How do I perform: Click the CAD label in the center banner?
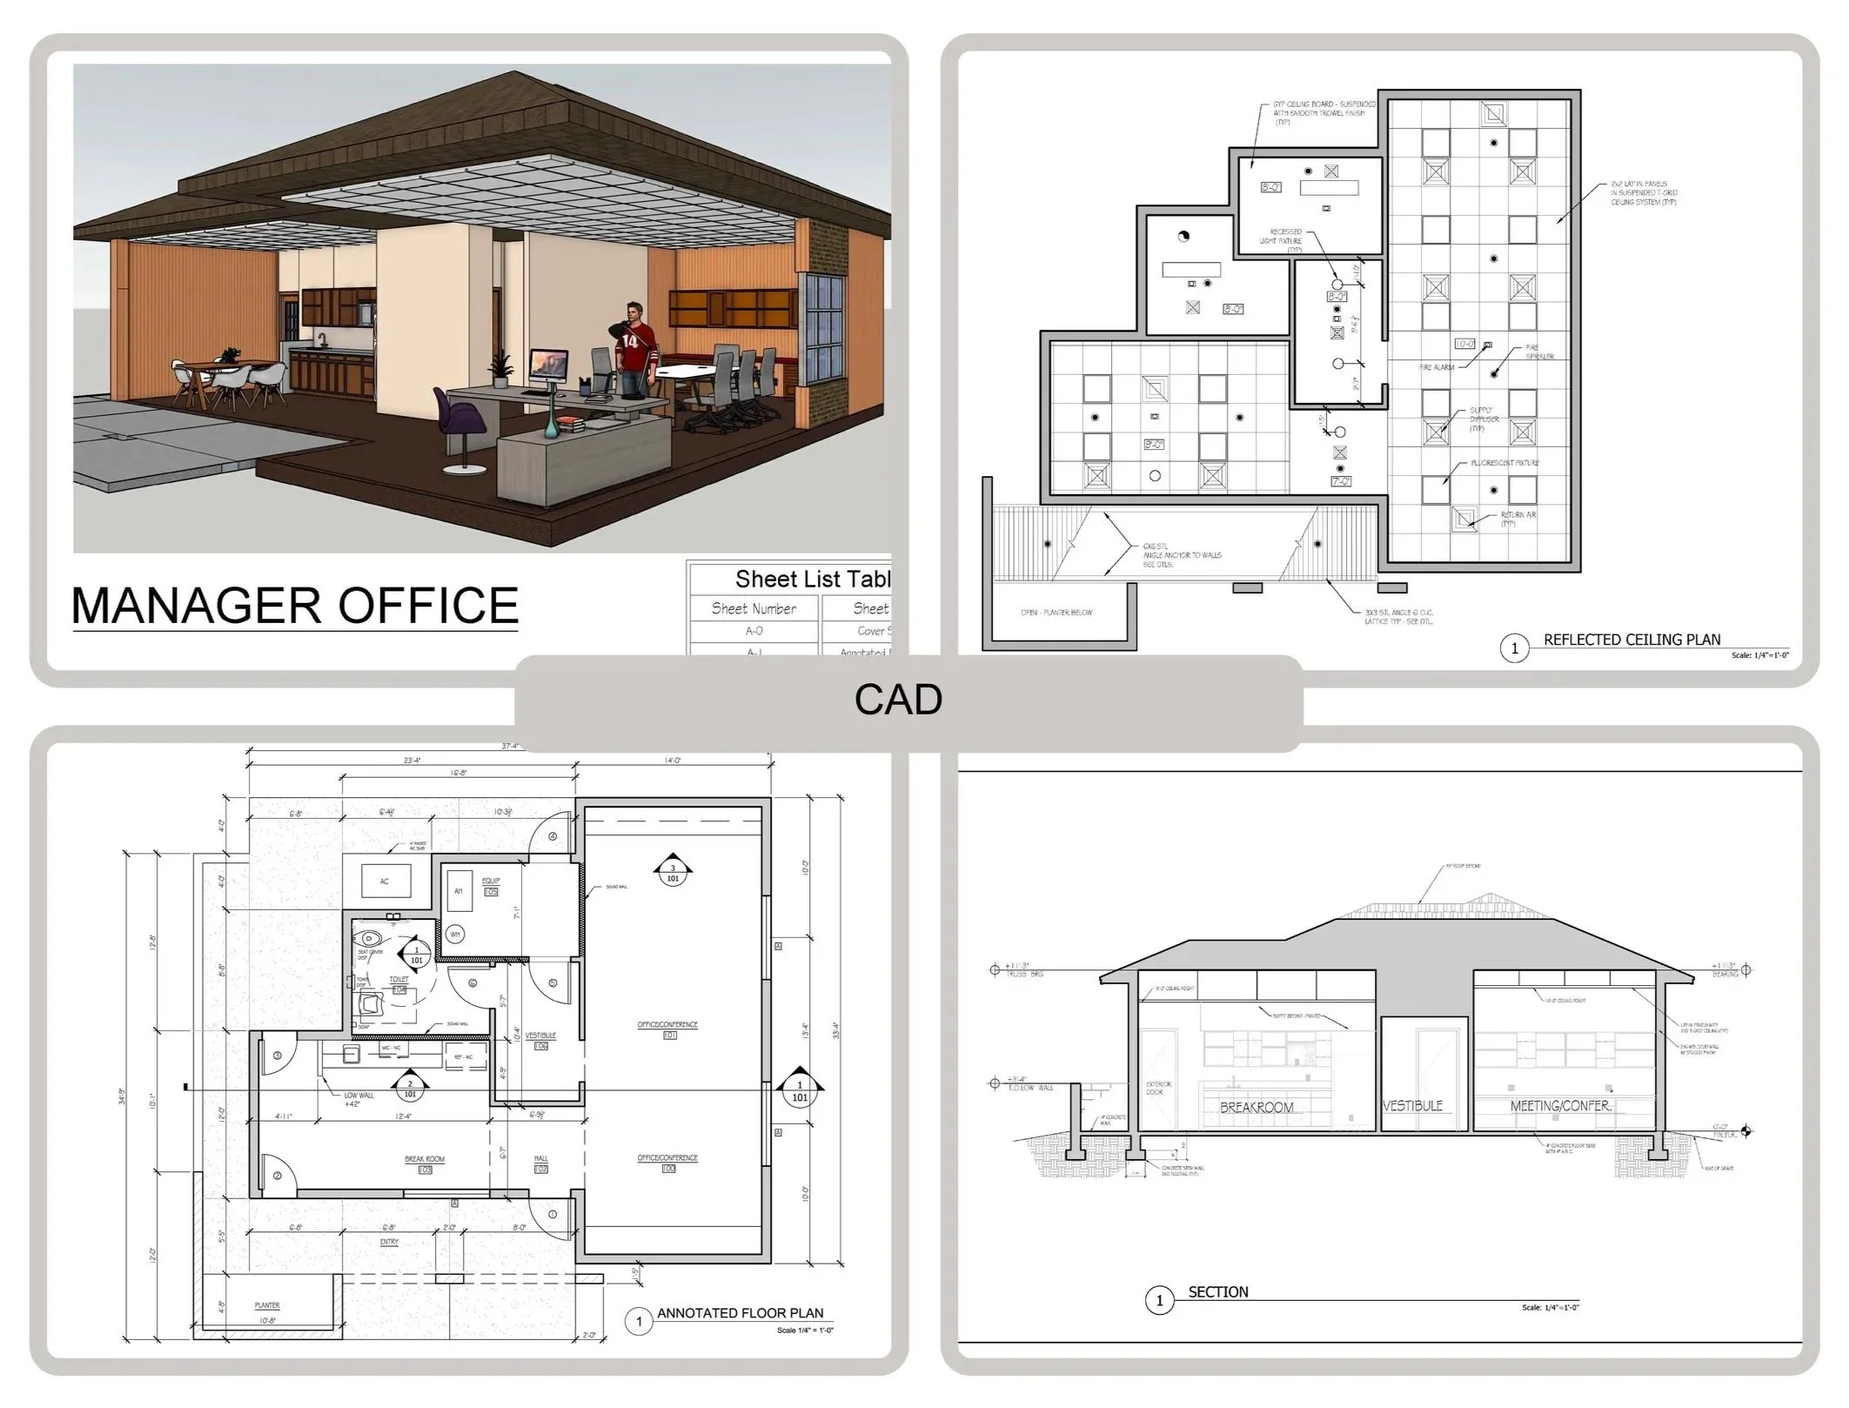[x=898, y=700]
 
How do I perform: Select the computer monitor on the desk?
[x=548, y=365]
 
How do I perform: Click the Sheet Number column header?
[x=754, y=608]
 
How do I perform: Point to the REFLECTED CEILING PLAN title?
[x=1631, y=640]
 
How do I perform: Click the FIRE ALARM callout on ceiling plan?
[x=1437, y=367]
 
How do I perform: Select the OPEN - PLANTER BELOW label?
[x=1056, y=613]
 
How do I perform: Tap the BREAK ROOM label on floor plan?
[x=425, y=1159]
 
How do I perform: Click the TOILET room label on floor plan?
[x=399, y=980]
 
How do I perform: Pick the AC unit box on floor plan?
[x=385, y=882]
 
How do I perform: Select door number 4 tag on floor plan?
[x=553, y=836]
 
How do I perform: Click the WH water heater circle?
[x=455, y=935]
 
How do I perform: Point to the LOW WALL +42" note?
[x=358, y=1099]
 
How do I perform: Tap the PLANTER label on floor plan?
[x=267, y=1305]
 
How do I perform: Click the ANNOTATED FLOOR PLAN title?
[x=740, y=1313]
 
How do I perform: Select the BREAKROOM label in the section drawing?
[x=1256, y=1108]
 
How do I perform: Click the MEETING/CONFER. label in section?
[x=1561, y=1106]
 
